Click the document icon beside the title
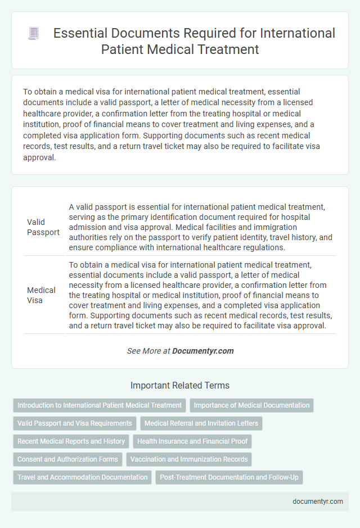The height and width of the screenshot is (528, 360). coord(33,34)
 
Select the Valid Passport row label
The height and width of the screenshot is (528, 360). coord(43,227)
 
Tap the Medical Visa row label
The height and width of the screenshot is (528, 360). coord(41,295)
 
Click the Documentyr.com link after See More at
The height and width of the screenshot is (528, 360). coord(203,351)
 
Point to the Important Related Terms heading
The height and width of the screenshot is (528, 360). coord(180,386)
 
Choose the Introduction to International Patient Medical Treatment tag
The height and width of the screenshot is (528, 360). coord(100,405)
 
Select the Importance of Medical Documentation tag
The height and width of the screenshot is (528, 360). coord(251,405)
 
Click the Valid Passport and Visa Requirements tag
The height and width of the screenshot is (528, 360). coord(74,423)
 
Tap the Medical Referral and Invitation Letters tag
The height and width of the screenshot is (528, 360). coord(201,423)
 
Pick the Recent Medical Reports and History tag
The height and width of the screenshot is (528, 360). coord(71,441)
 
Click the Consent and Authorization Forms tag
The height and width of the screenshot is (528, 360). coord(67,459)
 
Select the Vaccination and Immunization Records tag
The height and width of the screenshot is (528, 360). coord(189,459)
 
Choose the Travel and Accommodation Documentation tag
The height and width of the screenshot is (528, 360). coord(82,477)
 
